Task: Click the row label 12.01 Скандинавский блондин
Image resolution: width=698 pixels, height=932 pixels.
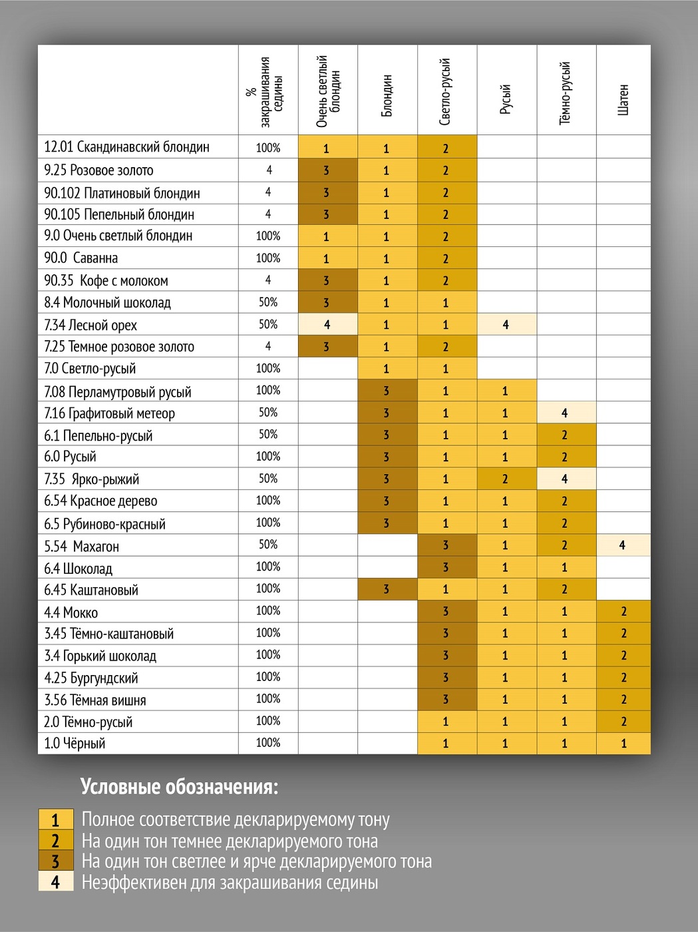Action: [x=126, y=147]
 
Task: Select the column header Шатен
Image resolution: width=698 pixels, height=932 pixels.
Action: [x=623, y=99]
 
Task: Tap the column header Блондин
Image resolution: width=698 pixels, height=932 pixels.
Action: [x=387, y=96]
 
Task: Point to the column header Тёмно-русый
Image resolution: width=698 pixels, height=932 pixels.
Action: [x=565, y=93]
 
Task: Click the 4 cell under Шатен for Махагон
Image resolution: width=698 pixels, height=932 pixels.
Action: [x=623, y=545]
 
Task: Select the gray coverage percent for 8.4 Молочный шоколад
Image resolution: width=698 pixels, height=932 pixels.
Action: [x=268, y=302]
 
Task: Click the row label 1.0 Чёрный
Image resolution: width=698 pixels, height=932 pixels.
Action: [x=75, y=744]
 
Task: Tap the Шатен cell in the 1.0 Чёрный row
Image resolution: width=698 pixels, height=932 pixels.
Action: [x=623, y=744]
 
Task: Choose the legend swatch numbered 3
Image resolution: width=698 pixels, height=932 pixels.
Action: [x=55, y=861]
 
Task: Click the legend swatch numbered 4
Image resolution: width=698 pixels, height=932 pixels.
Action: [x=55, y=882]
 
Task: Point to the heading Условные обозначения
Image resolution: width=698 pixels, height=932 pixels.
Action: [x=179, y=787]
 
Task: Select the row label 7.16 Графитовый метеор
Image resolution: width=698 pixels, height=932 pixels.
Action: [x=109, y=413]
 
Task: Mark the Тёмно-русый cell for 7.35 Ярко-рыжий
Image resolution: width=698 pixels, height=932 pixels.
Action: [x=565, y=479]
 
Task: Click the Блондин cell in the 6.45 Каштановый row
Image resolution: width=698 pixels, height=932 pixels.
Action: [x=387, y=589]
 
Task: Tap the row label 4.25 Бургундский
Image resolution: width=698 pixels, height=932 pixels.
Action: [x=91, y=678]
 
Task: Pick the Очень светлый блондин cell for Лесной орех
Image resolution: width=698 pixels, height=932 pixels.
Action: [x=327, y=325]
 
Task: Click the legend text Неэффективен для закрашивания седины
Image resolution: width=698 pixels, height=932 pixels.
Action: [x=230, y=883]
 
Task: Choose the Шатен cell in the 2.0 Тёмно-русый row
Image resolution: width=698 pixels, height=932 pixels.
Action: [x=623, y=722]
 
